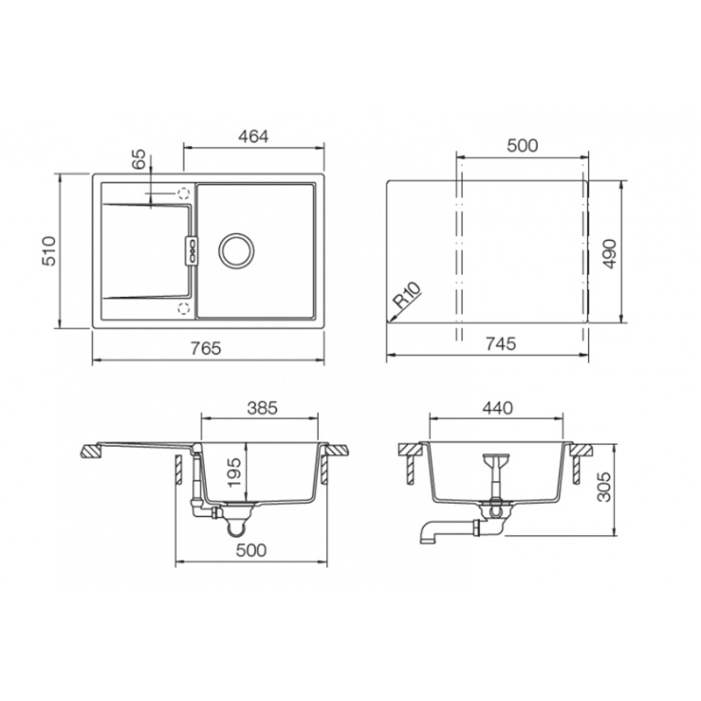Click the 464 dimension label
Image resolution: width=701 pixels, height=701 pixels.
[253, 137]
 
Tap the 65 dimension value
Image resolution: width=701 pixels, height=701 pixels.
[139, 159]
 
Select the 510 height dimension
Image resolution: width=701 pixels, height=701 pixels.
[49, 251]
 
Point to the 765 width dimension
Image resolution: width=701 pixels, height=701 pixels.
[206, 348]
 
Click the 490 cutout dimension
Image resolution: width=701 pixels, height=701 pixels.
[609, 254]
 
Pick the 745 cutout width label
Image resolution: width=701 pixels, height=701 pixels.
[500, 343]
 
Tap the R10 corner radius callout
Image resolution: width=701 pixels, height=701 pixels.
[407, 295]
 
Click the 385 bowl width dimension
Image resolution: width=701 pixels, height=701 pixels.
[262, 408]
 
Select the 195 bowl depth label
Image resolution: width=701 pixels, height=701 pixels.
[234, 472]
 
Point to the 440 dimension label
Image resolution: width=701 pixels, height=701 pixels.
[498, 408]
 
